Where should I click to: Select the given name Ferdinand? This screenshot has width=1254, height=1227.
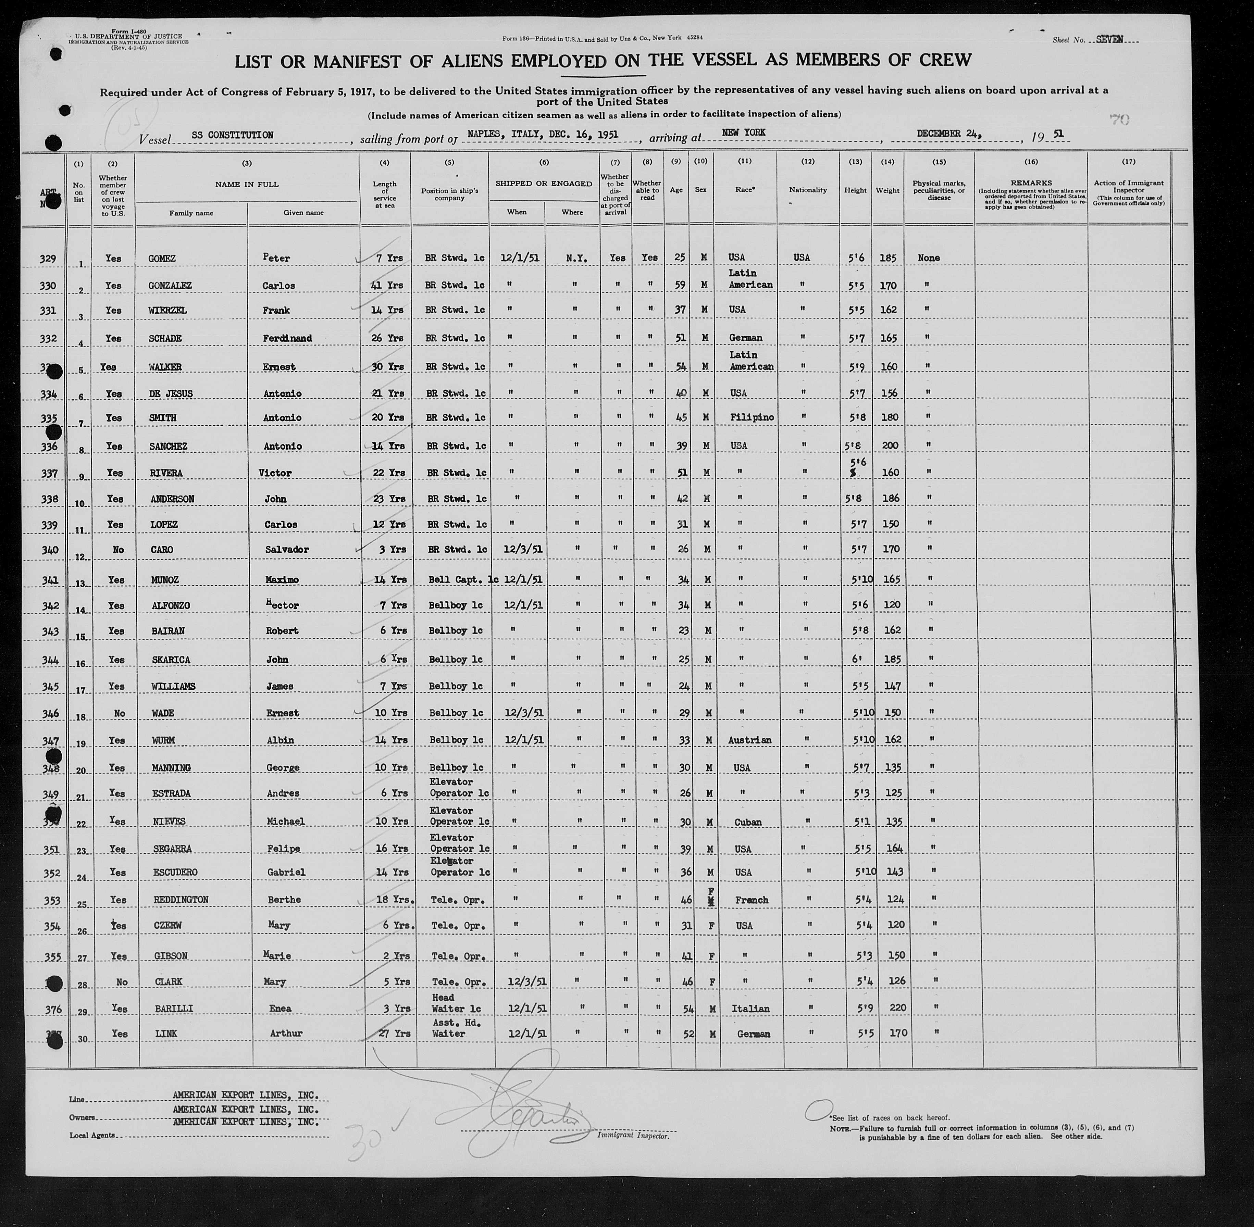click(287, 338)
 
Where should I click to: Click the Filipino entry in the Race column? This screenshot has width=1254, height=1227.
click(752, 417)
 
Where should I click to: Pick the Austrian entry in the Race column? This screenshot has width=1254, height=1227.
click(749, 740)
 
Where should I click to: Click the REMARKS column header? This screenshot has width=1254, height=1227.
click(1031, 183)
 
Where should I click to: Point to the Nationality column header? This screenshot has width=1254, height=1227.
click(807, 190)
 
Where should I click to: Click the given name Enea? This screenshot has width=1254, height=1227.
click(281, 1009)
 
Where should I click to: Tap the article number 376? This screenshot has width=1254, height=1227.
click(50, 1009)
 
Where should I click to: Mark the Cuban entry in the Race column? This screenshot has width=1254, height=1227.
click(747, 822)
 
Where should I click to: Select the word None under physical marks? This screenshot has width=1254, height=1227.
click(928, 258)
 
